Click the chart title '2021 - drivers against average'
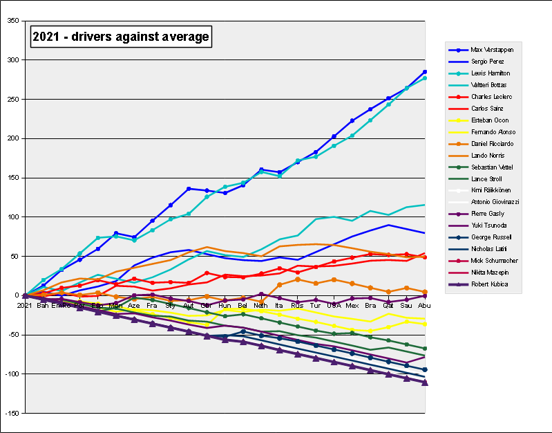click(x=120, y=36)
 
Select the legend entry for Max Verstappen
click(x=491, y=50)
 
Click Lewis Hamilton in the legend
click(x=490, y=73)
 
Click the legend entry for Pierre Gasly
click(x=486, y=214)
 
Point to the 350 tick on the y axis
click(x=13, y=21)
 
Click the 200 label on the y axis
click(x=13, y=138)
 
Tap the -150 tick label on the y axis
click(x=12, y=413)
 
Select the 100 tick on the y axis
click(x=13, y=217)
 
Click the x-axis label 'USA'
click(x=334, y=304)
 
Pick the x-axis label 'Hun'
click(x=225, y=304)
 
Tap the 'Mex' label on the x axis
click(x=352, y=304)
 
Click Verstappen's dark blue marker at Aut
click(x=189, y=189)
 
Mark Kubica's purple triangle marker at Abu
click(x=424, y=383)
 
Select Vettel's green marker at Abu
click(x=424, y=349)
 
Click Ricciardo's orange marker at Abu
click(x=424, y=292)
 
